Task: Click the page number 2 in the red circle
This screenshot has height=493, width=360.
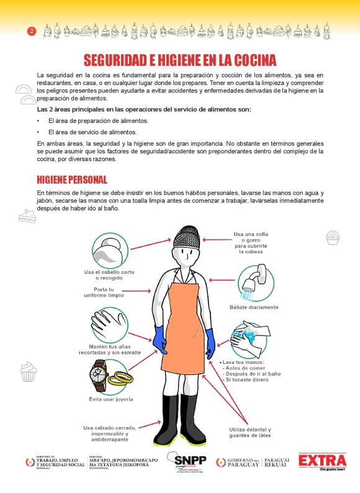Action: click(32, 31)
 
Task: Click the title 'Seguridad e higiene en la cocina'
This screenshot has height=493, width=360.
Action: click(180, 60)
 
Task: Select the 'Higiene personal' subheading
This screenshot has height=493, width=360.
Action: click(72, 179)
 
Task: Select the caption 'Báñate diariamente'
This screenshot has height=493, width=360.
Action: click(254, 307)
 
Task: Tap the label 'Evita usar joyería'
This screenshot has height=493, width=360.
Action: click(111, 399)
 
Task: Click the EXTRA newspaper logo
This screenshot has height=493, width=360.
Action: click(322, 462)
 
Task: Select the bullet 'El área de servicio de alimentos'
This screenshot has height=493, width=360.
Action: click(92, 132)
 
